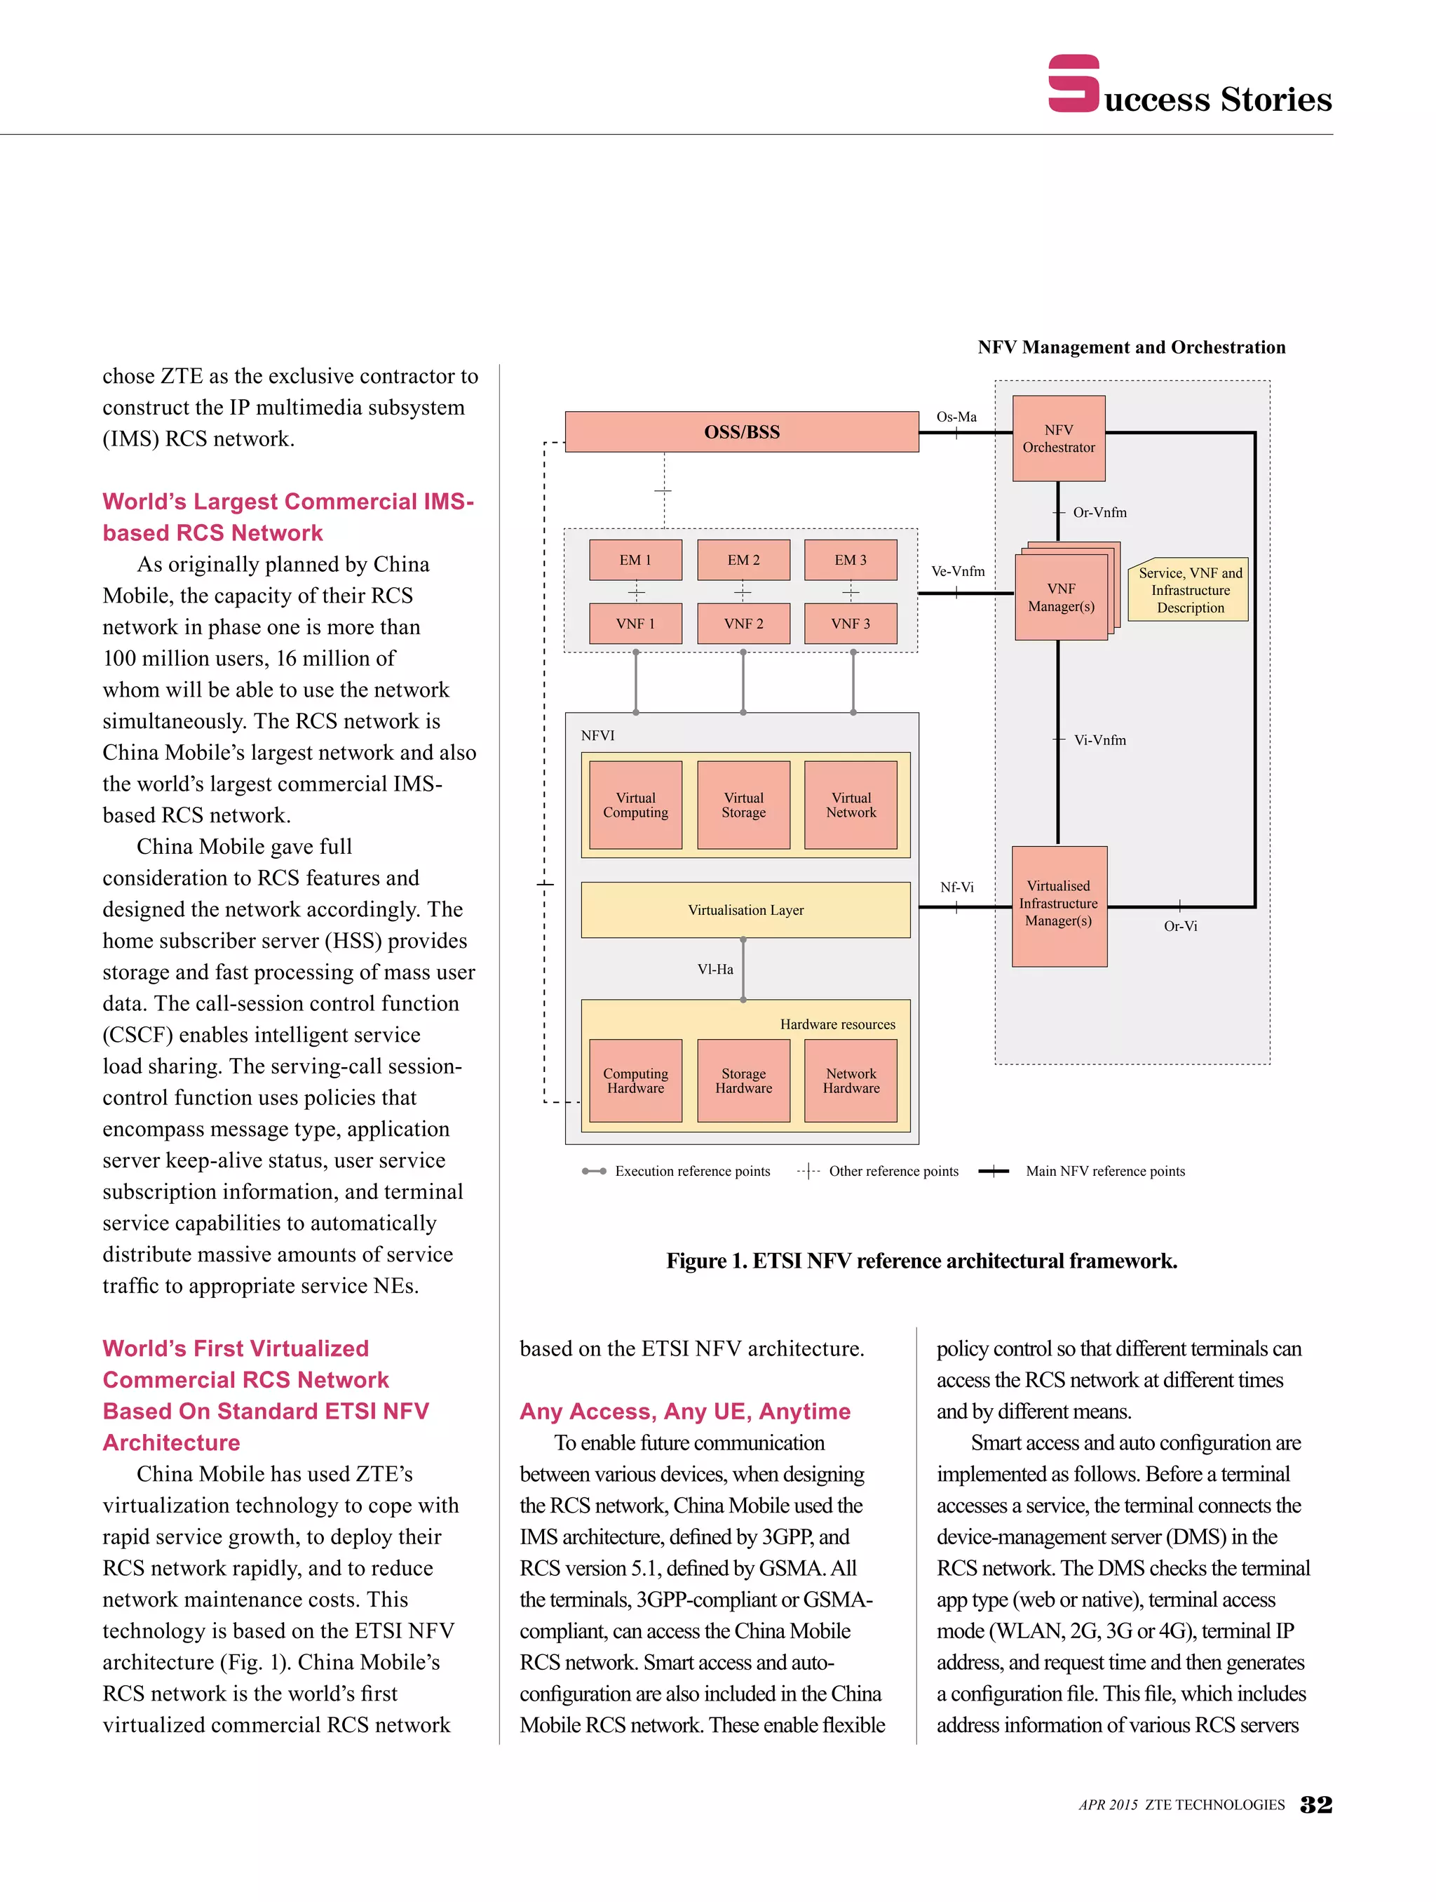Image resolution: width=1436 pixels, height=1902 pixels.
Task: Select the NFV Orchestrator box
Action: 1058,438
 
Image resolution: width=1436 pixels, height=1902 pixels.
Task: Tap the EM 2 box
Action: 743,560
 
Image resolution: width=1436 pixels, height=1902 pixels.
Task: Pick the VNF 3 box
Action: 850,624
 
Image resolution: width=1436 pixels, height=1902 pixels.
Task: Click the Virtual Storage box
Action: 743,805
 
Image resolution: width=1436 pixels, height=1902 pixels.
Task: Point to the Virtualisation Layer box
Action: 745,910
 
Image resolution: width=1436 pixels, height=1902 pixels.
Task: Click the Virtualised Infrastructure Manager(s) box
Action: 1058,904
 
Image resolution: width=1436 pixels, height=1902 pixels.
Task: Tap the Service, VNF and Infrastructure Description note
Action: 1189,590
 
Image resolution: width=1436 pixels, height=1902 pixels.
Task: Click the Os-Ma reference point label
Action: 956,417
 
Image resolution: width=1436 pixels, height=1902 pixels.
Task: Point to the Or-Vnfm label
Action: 1099,512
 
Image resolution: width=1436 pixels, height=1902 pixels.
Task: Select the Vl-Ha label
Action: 715,969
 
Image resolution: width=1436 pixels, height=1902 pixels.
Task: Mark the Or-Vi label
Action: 1180,926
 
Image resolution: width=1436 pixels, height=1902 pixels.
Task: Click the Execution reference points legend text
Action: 692,1171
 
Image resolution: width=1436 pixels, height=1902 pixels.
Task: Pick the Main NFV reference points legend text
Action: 1104,1171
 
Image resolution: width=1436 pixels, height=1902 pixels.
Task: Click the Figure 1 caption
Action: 921,1261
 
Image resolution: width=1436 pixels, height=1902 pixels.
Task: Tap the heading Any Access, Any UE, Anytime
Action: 685,1411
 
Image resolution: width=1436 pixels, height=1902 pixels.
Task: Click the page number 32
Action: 1315,1804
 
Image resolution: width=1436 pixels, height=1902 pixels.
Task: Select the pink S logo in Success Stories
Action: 1073,83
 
